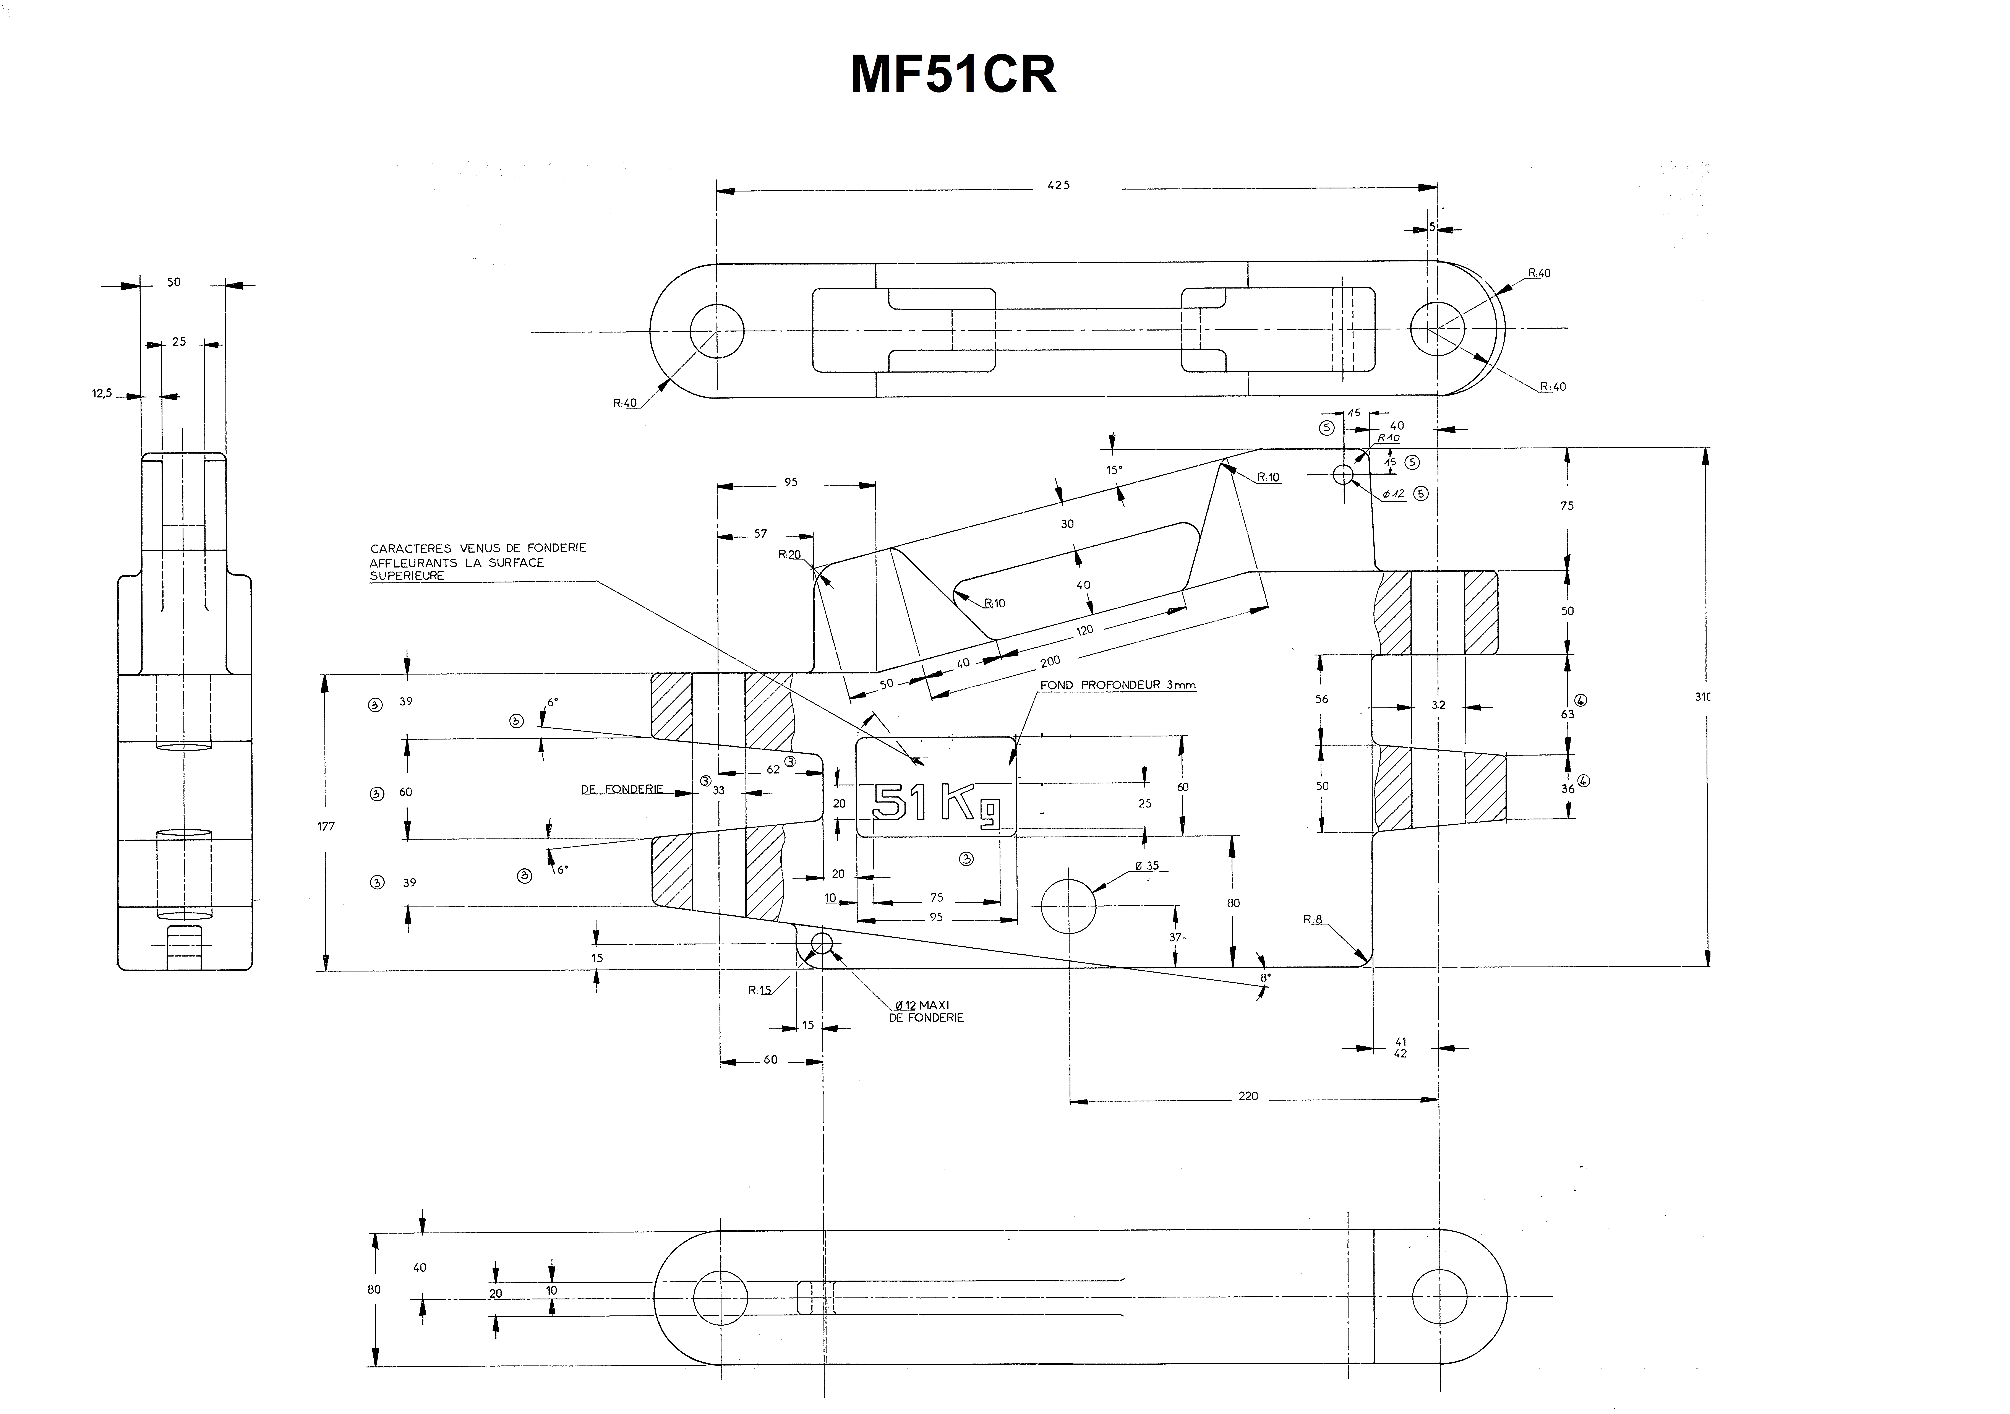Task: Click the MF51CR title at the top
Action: coord(953,75)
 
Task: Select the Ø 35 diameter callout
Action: coord(1147,866)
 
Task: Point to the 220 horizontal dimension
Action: coord(1248,1096)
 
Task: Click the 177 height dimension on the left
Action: coord(326,826)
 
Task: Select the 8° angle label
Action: coord(1265,977)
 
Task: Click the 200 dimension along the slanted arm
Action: coord(1050,661)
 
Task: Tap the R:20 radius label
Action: coord(790,554)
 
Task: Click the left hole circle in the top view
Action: coord(717,331)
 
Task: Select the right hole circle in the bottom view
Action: coord(1438,1296)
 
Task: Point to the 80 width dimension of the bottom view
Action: coord(374,1289)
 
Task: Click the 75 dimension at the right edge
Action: coord(1567,506)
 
